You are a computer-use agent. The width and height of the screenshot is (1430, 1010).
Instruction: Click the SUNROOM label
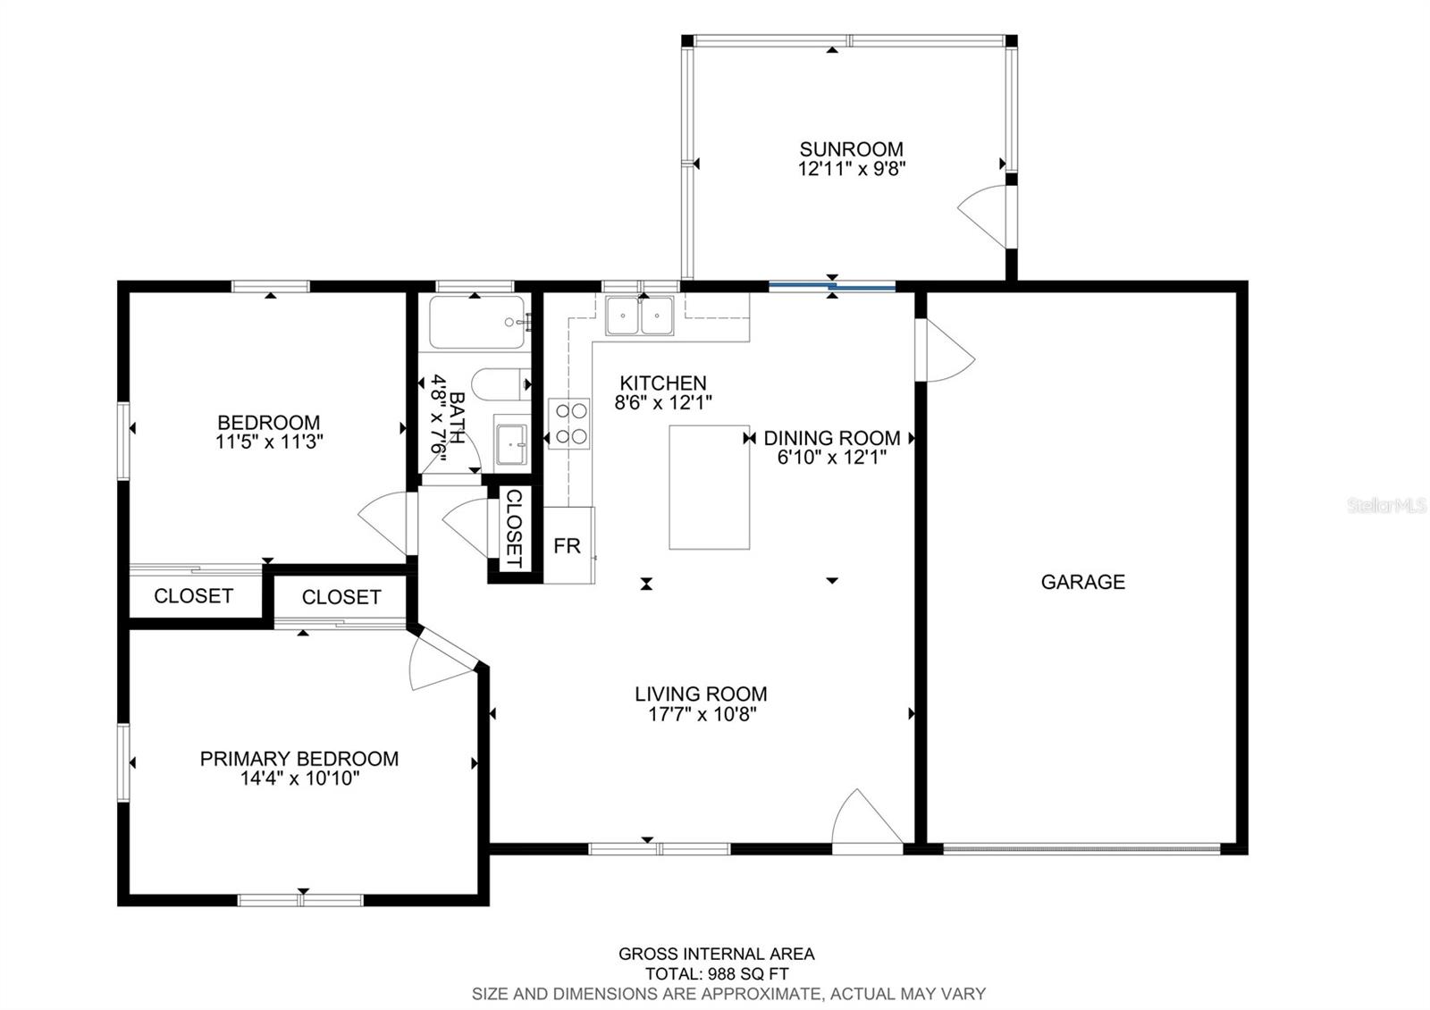coord(851,149)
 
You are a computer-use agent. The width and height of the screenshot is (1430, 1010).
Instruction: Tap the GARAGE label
coord(1082,582)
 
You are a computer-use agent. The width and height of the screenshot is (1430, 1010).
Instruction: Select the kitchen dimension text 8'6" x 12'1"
coord(663,403)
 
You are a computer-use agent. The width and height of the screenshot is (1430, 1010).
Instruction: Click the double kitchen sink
coord(639,316)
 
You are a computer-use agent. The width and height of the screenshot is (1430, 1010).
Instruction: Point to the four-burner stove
coord(569,423)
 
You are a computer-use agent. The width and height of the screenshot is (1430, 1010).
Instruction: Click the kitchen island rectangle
coord(709,487)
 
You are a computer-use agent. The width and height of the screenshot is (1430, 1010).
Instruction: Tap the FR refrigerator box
coord(568,545)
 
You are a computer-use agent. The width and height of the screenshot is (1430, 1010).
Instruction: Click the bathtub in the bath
coord(476,322)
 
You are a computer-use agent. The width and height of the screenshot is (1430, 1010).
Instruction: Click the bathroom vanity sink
coord(511,444)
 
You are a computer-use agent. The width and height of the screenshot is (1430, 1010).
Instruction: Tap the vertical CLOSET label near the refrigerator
coord(514,528)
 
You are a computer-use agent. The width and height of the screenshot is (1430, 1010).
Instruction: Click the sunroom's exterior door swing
coord(983,215)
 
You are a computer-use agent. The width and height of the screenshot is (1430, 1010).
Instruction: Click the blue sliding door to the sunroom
coord(832,287)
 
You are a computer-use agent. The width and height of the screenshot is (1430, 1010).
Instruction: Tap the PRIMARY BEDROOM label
coord(299,759)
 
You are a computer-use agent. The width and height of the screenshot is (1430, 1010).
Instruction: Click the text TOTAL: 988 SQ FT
coord(716,974)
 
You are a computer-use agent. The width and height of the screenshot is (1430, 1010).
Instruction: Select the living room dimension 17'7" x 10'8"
coord(701,714)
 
